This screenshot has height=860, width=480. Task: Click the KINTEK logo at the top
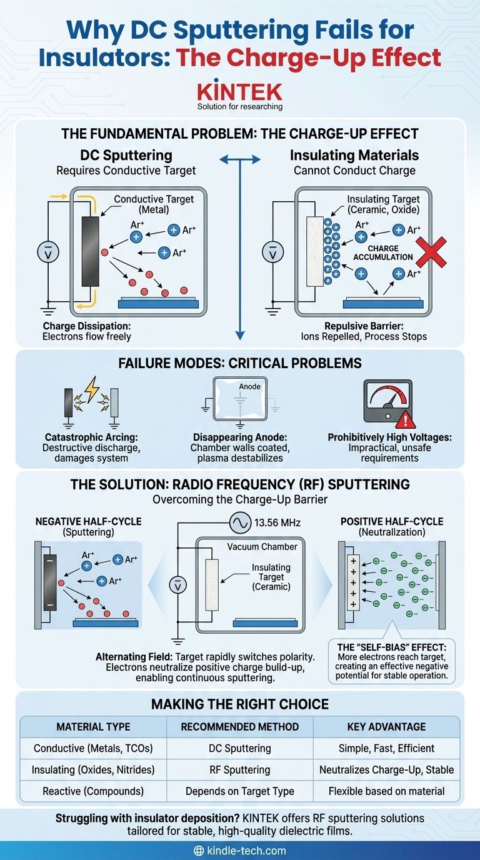click(x=239, y=91)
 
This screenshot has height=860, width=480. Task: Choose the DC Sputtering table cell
click(x=239, y=748)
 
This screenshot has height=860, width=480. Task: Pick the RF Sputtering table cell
click(x=239, y=769)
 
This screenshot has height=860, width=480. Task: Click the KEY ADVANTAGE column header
click(x=386, y=727)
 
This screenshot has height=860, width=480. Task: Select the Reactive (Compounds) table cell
click(x=93, y=791)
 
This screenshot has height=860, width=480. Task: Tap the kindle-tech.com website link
click(x=240, y=850)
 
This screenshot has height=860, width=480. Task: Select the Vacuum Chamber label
click(x=262, y=546)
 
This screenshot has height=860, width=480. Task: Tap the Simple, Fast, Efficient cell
click(x=386, y=748)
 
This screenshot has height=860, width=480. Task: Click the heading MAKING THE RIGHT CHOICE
click(x=239, y=704)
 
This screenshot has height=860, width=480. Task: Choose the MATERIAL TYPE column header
click(x=93, y=727)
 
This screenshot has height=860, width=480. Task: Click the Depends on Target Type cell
click(x=239, y=791)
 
